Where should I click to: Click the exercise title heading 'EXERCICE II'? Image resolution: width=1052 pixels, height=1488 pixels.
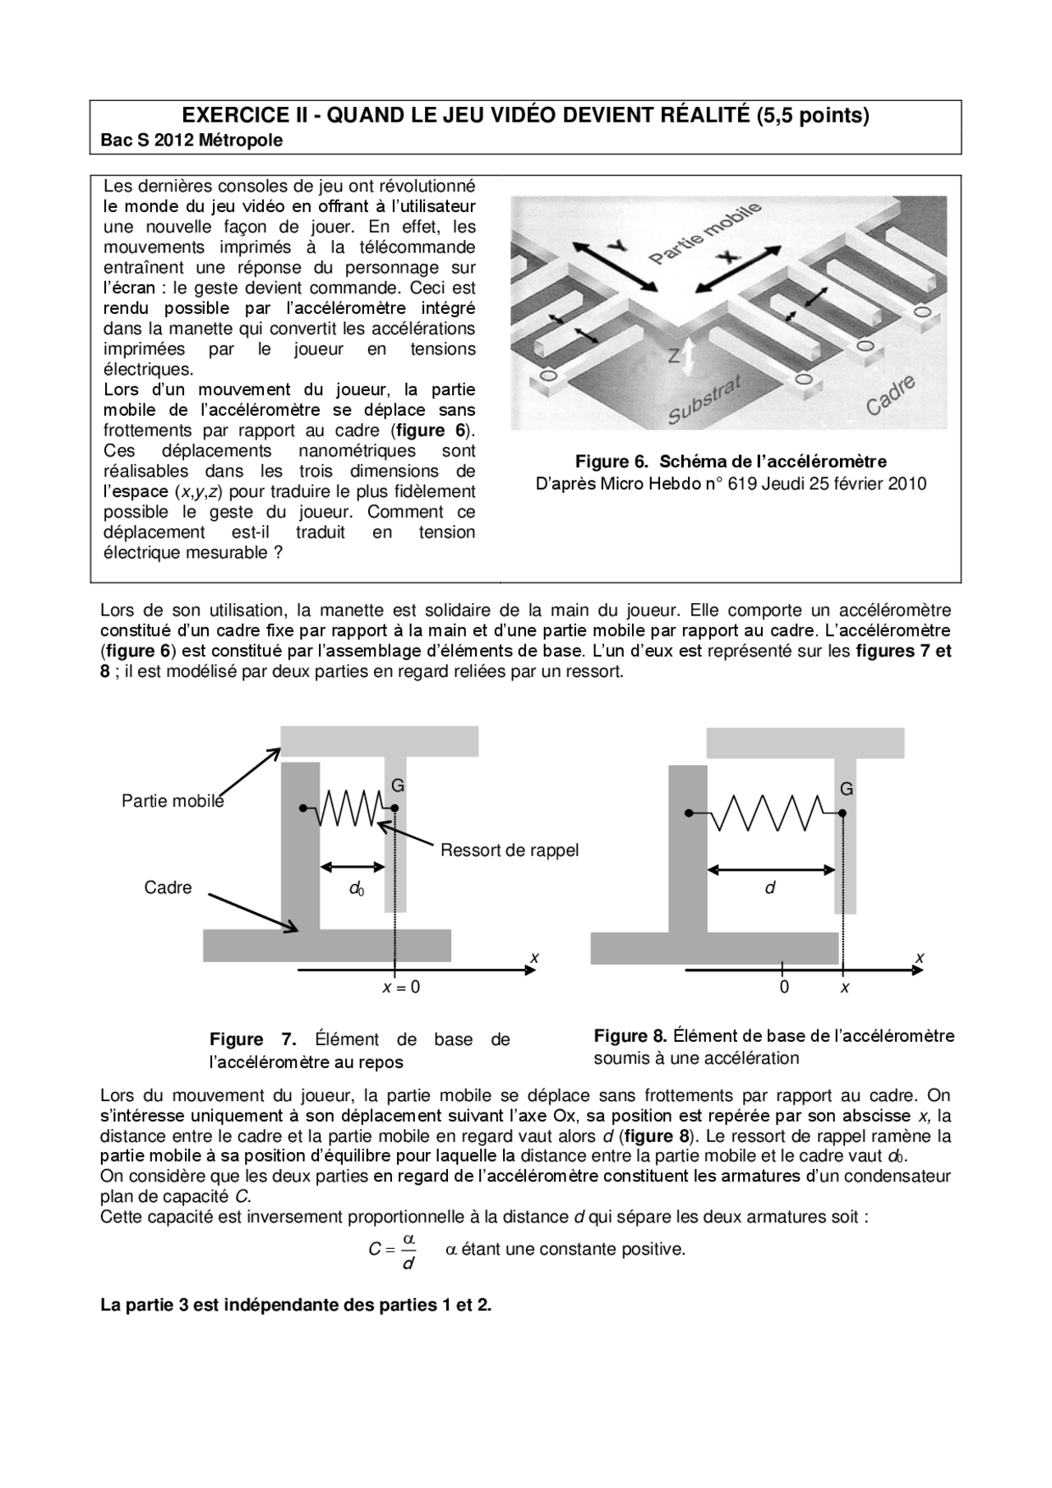tap(525, 115)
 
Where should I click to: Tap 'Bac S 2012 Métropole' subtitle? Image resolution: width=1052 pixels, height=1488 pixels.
tap(191, 141)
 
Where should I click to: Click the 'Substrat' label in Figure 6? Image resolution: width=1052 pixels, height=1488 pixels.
tap(705, 400)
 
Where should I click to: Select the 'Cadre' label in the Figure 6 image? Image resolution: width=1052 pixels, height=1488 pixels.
tap(890, 396)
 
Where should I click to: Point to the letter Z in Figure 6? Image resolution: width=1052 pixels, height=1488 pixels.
tap(674, 356)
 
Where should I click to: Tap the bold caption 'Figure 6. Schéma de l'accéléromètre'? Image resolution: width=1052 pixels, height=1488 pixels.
tap(731, 461)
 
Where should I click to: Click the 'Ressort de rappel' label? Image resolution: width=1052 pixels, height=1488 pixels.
tap(509, 850)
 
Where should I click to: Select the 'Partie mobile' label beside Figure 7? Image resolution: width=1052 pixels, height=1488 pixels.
tap(173, 801)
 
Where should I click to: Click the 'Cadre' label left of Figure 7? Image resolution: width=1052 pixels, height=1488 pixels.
tap(168, 887)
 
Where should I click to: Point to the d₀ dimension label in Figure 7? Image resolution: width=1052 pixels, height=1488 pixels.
tap(356, 888)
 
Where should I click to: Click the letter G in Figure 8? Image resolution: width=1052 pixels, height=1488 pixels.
tap(847, 789)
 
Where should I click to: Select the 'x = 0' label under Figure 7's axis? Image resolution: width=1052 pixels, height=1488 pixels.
tap(401, 988)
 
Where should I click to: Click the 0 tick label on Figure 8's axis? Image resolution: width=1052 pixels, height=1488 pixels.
tap(784, 988)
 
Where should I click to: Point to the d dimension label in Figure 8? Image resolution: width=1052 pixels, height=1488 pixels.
tap(770, 888)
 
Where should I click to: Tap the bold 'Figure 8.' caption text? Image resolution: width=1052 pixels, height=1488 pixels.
tap(630, 1035)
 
